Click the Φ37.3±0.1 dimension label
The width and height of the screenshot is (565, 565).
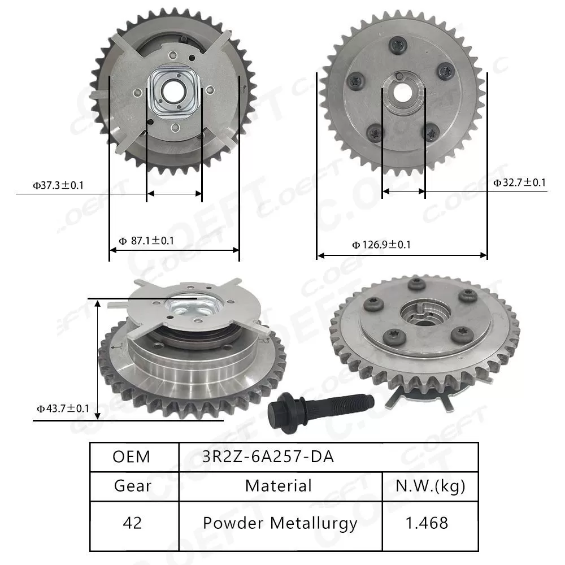click(58, 185)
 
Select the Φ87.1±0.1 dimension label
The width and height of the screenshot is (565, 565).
click(146, 241)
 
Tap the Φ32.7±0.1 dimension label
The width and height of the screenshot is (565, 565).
click(519, 182)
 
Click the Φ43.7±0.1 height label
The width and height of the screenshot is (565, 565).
click(63, 408)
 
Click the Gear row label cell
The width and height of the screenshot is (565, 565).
click(132, 485)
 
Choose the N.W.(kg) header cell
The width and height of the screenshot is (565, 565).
click(430, 485)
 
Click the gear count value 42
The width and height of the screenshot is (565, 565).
click(132, 523)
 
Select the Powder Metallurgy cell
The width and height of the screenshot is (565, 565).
click(280, 523)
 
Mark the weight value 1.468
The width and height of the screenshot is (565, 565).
click(430, 523)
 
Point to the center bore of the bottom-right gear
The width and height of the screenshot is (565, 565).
click(424, 312)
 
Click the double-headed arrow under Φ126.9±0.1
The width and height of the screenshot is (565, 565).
click(402, 255)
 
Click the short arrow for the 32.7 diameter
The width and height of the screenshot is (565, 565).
click(403, 192)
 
